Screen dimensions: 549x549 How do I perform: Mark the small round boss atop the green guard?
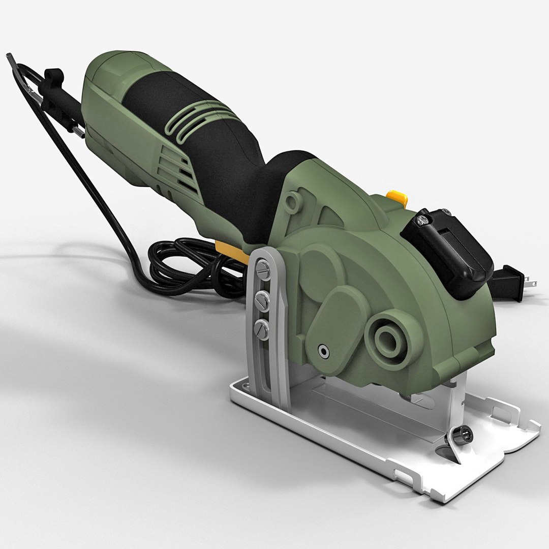(292, 201)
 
